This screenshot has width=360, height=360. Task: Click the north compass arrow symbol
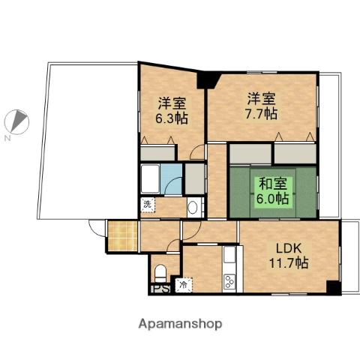point(20,119)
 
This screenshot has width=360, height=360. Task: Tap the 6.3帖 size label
point(171,118)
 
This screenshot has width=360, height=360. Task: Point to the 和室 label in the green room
point(272,184)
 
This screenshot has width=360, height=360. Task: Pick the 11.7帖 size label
point(289,262)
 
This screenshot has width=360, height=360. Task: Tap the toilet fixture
point(160,271)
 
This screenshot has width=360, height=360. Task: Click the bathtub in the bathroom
point(150,179)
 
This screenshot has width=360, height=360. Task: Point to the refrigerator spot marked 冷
point(183,284)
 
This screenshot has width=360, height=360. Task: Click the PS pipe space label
point(160,287)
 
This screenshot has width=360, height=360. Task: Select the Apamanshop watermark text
point(179,325)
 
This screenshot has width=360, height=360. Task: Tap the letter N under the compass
point(7,139)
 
